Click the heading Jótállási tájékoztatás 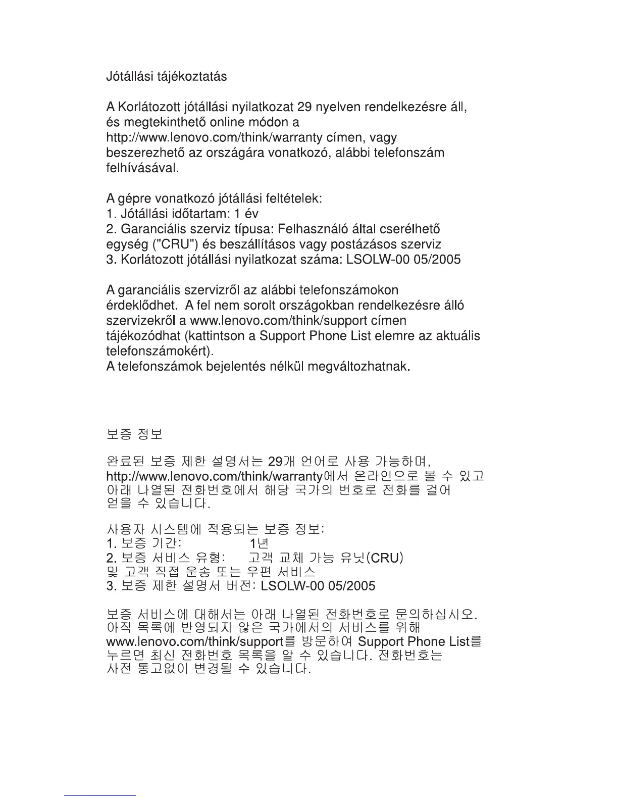pos(166,77)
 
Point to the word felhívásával pos(142,168)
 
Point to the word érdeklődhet pos(141,306)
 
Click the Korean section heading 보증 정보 pos(134,434)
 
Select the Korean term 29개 pos(281,462)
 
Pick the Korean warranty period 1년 pos(259,543)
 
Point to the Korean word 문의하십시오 pos(436,615)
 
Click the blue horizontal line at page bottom pos(100,795)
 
